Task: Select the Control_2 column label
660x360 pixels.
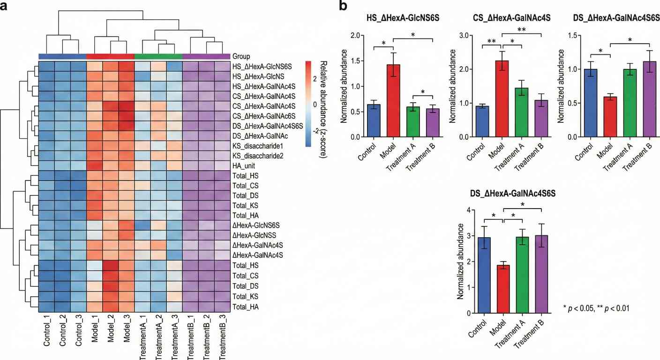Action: point(63,333)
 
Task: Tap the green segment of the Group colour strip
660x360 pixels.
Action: point(158,56)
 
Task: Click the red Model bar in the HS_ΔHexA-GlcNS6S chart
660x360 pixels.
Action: point(393,101)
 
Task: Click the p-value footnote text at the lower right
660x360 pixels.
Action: point(596,308)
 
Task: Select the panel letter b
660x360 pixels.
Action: point(343,7)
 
